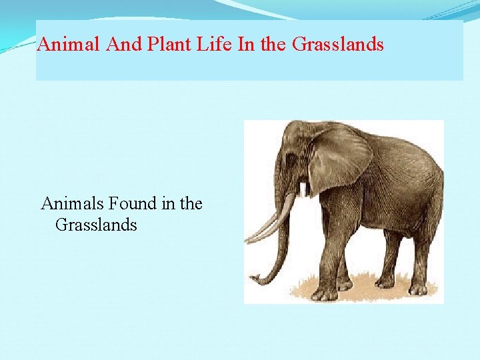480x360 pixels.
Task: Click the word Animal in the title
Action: (65, 45)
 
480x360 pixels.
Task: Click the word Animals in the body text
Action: (73, 203)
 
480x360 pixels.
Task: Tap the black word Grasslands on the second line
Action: (96, 225)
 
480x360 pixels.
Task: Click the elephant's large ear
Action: (338, 157)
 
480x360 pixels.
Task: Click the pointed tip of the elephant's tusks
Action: (247, 239)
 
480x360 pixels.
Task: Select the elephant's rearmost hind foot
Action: (419, 289)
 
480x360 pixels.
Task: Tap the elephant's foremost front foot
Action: (325, 294)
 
